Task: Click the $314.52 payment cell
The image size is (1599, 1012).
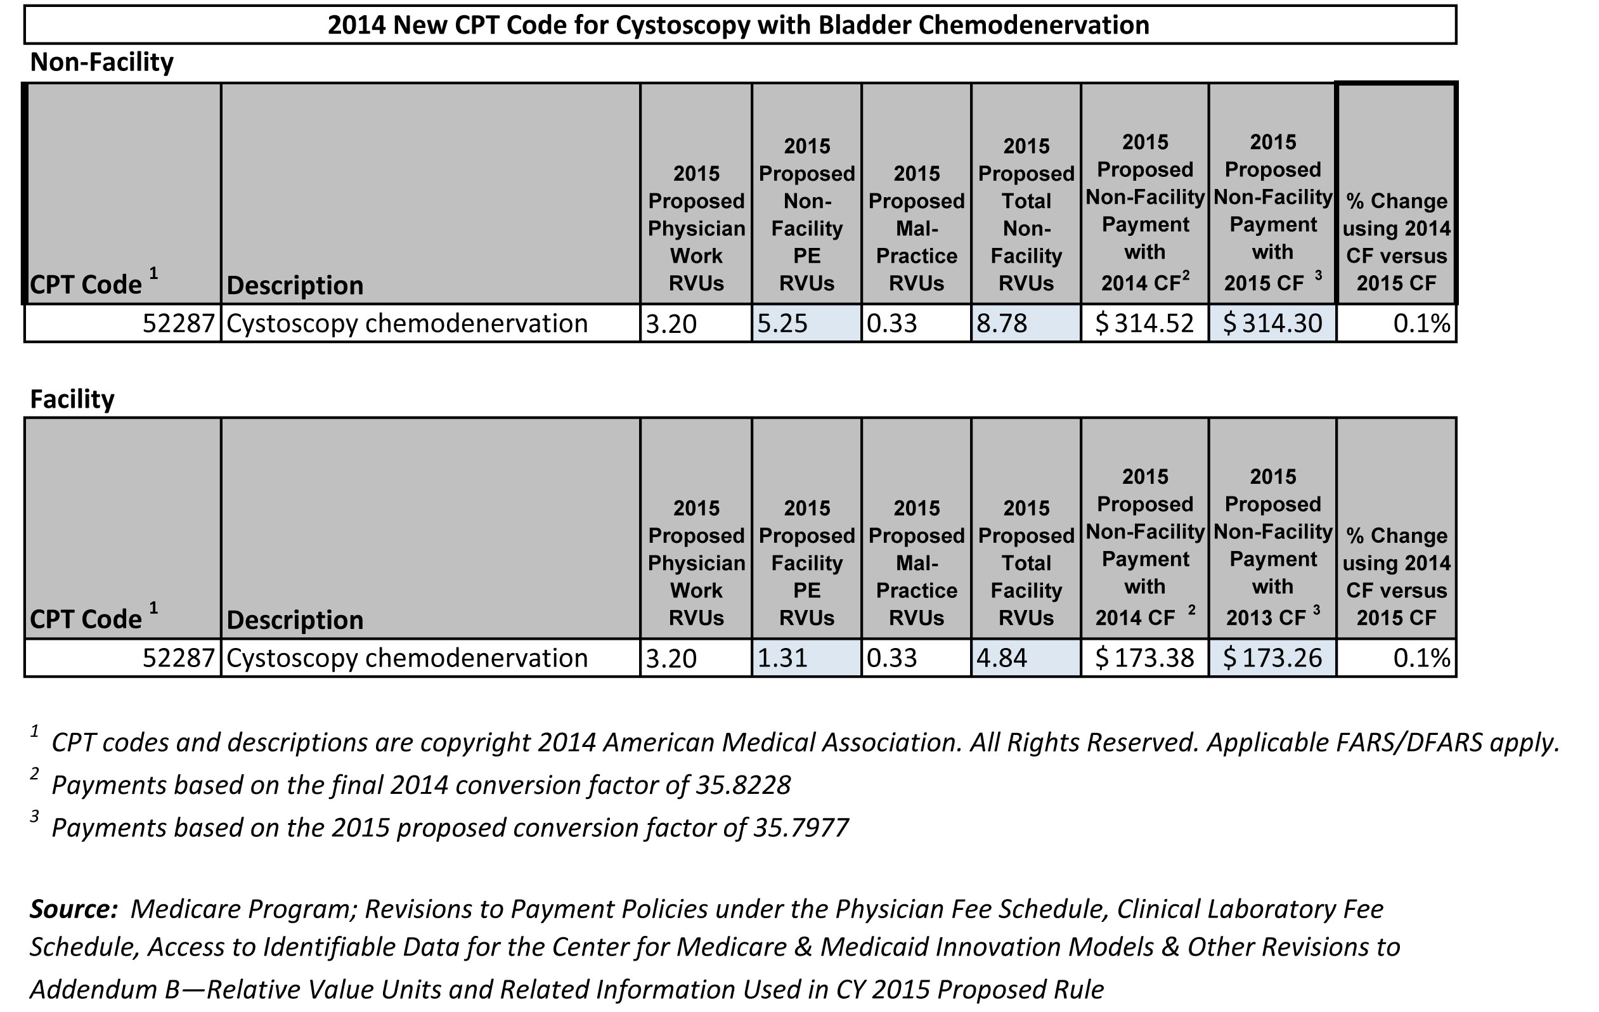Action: (1144, 323)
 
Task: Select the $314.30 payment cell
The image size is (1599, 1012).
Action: (1272, 323)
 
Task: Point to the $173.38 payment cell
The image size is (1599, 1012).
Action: (1144, 658)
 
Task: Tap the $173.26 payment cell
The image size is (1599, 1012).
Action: (1272, 658)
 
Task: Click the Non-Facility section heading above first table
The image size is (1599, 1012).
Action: (101, 62)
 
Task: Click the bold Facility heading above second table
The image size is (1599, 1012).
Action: (72, 399)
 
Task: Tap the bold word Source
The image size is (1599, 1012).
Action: (74, 909)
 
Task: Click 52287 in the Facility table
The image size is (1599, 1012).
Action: (179, 658)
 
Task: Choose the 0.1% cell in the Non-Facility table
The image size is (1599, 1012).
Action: (1421, 323)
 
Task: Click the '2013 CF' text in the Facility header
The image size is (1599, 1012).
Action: (1266, 618)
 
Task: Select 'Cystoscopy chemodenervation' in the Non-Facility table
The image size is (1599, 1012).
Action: (407, 323)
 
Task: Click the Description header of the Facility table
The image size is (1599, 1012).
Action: (295, 620)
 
